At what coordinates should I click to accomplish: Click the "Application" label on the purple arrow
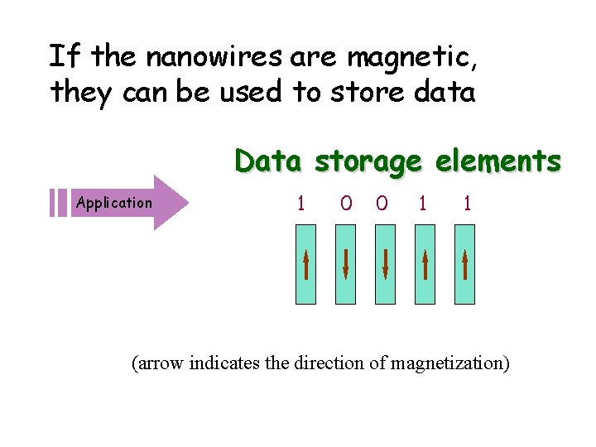(113, 202)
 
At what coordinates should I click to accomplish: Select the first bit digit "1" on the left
(300, 203)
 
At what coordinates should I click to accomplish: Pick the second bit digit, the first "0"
(346, 203)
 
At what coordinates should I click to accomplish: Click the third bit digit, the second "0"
(381, 203)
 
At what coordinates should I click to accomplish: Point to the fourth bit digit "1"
(423, 203)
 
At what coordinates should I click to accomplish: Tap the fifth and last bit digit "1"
(468, 203)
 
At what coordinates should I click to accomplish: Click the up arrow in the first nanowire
(306, 265)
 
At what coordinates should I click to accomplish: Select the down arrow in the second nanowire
(346, 265)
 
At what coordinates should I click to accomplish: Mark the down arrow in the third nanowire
(386, 265)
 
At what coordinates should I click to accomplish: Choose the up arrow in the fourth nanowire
(425, 265)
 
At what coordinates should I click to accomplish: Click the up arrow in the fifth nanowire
(465, 265)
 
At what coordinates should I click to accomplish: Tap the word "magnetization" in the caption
(448, 363)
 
